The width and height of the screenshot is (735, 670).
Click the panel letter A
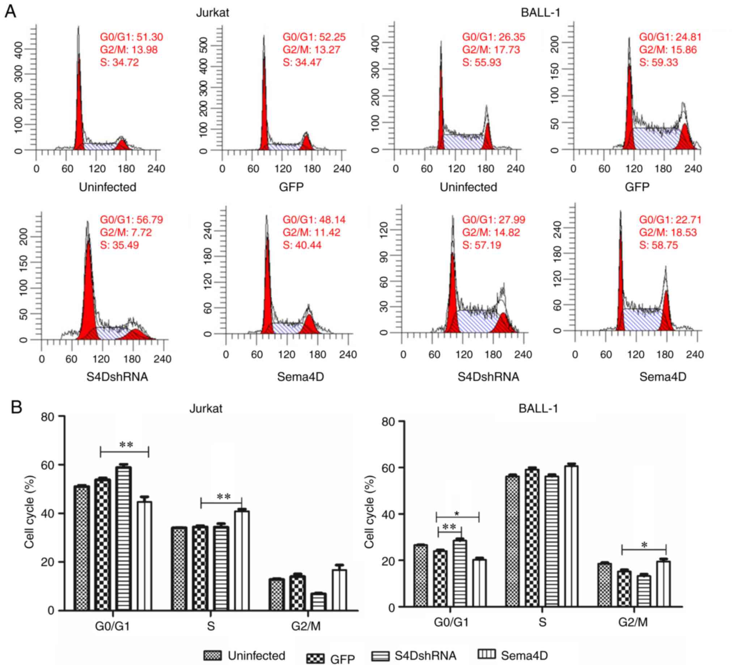tap(10, 12)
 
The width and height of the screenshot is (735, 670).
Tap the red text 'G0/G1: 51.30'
tap(131, 37)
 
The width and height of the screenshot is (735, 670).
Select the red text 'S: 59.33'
tap(658, 62)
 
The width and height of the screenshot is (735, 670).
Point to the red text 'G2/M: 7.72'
tap(126, 232)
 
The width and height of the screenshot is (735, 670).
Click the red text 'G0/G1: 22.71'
tap(670, 220)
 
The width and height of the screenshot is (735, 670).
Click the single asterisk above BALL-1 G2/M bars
tap(644, 545)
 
